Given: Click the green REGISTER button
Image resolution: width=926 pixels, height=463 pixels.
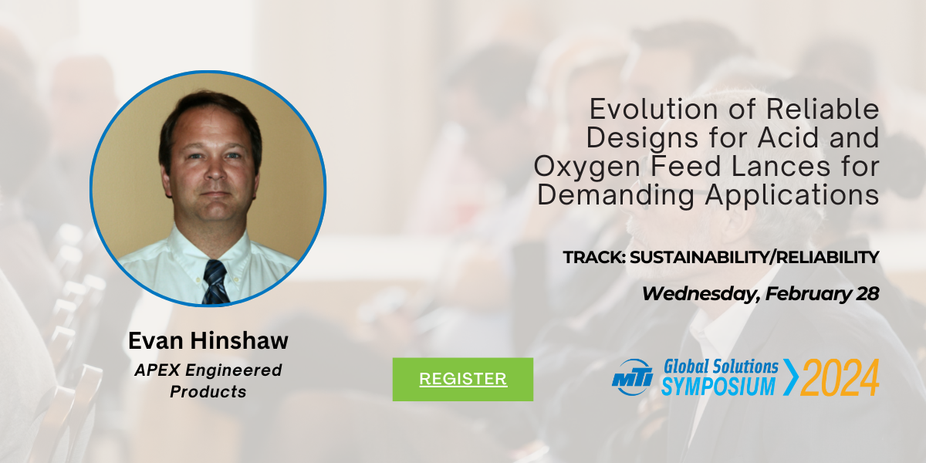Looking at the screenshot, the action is [x=462, y=379].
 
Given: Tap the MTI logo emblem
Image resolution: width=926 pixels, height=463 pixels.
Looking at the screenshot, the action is [x=633, y=377].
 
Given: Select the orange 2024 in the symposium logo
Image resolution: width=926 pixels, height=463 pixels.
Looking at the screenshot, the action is [x=840, y=377].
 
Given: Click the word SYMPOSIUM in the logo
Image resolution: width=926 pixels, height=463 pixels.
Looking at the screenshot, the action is [x=718, y=386].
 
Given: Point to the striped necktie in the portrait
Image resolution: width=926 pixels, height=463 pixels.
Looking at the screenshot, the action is [x=215, y=282].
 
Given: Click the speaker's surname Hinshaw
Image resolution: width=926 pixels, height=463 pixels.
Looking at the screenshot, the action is [x=239, y=340].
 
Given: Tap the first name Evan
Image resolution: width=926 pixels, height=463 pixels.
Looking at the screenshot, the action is [x=155, y=340].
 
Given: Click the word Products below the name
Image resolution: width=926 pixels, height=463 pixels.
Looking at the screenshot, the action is [x=208, y=391].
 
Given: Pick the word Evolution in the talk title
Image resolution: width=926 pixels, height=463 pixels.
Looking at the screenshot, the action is [x=654, y=109].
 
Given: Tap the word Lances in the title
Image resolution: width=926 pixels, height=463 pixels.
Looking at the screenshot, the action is [x=781, y=166].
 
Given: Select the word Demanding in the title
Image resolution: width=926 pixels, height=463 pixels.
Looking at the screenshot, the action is [x=616, y=195].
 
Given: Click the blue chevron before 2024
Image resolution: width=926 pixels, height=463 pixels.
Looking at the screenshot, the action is [x=790, y=377].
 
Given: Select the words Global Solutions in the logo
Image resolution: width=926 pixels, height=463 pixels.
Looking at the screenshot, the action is [x=721, y=367].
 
